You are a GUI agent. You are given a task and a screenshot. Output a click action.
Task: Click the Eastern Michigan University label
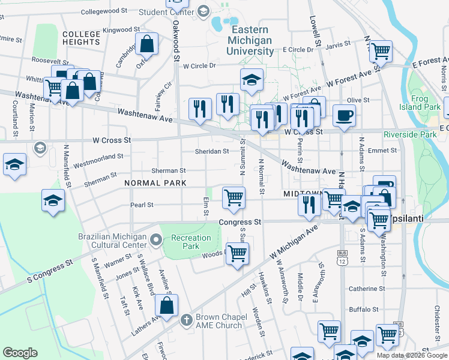tap(250, 40)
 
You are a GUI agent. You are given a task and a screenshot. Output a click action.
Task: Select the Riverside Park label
tap(411, 134)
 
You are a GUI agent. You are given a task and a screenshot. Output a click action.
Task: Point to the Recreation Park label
tap(191, 242)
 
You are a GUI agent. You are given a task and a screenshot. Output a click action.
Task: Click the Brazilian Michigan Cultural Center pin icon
tap(156, 241)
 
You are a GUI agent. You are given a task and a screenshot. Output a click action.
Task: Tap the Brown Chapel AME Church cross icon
tap(186, 320)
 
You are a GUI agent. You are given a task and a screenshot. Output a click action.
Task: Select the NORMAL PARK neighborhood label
tap(155, 182)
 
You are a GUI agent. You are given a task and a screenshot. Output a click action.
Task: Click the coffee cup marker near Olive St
tap(344, 115)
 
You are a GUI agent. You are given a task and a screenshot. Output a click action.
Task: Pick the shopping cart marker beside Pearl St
tap(234, 197)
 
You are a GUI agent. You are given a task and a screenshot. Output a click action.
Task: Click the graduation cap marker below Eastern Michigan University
tap(252, 79)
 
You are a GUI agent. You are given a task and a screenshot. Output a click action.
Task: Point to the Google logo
tap(20, 353)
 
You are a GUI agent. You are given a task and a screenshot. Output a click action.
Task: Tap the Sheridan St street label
tap(213, 151)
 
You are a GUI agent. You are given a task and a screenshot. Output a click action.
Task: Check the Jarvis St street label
tap(338, 44)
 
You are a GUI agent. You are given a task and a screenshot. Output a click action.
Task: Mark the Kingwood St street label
tap(121, 29)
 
